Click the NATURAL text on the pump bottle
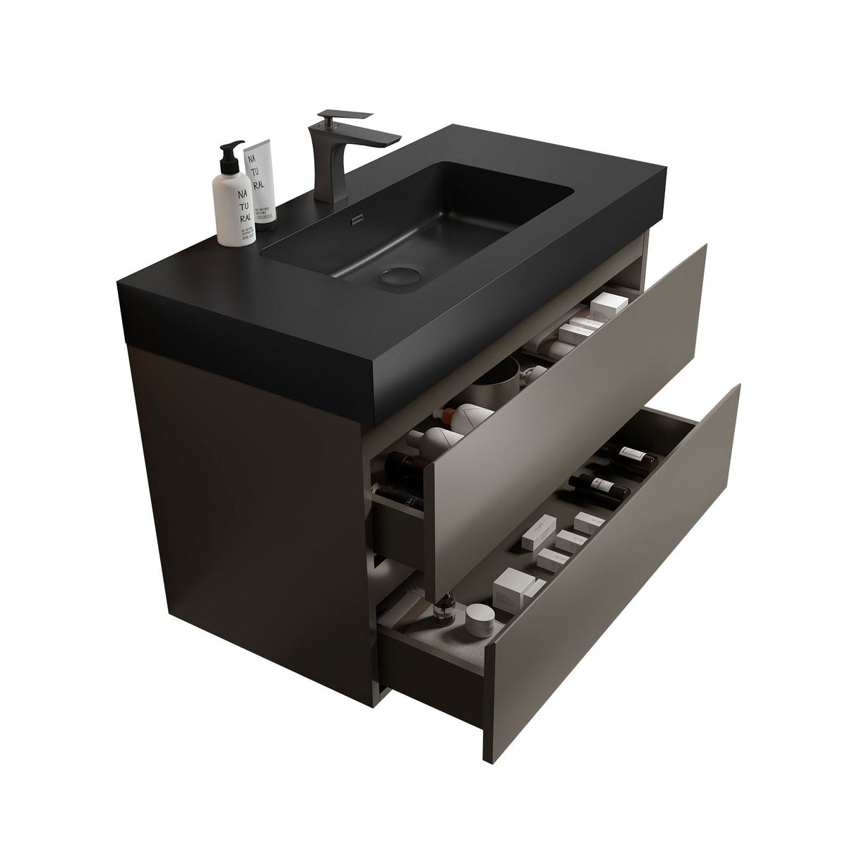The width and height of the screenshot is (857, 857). pos(241,205)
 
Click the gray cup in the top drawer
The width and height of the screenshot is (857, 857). pos(497,385)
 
